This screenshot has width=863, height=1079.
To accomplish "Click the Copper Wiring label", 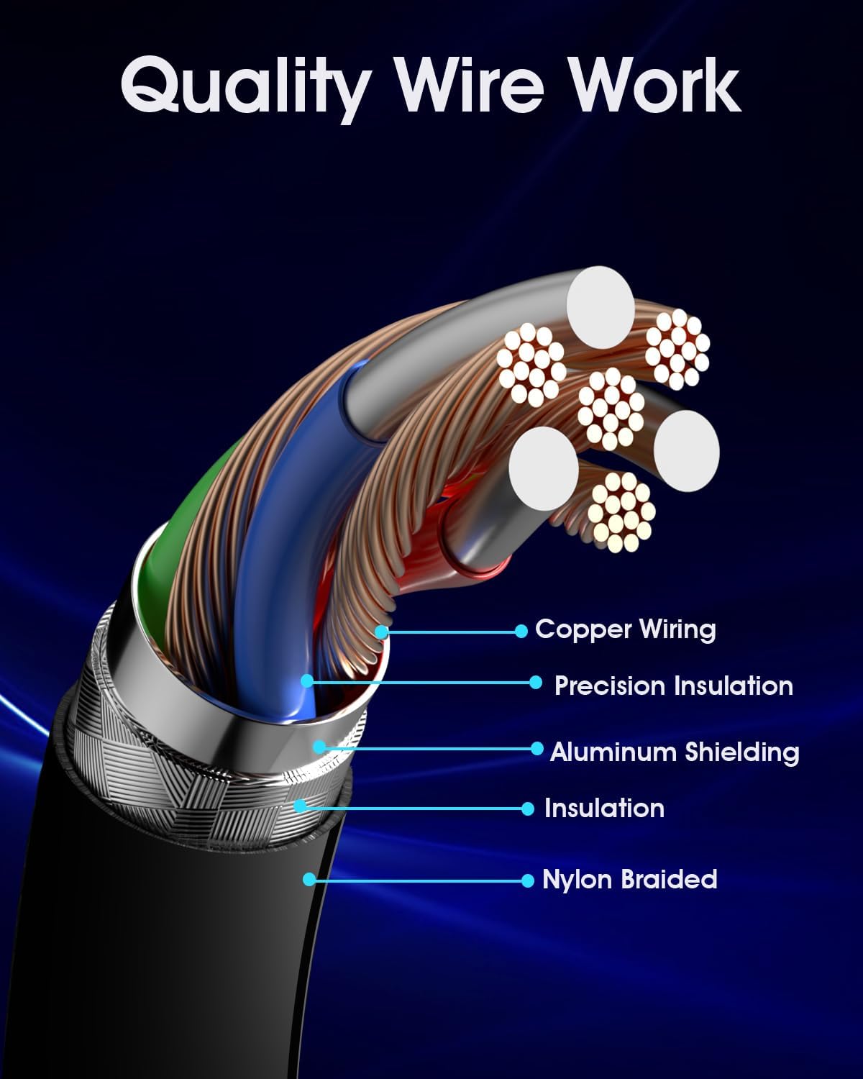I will coord(626,629).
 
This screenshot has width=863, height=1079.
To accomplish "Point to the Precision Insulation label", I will coord(674,686).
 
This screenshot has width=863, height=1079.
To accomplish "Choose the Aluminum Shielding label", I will coord(675,752).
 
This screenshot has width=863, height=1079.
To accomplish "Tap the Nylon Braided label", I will coord(630,880).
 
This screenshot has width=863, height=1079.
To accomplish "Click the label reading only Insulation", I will coord(604,809).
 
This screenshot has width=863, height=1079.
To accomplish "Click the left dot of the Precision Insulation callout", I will coord(307,680).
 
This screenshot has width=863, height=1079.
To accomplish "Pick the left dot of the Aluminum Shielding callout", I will coord(319,747).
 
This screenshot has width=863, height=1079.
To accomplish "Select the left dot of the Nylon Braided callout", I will coord(309,879).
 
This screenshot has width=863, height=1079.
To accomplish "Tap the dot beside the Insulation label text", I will coord(528,809).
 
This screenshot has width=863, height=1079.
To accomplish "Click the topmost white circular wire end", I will coord(600,300).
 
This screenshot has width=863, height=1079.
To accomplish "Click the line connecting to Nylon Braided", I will coord(417,880).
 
